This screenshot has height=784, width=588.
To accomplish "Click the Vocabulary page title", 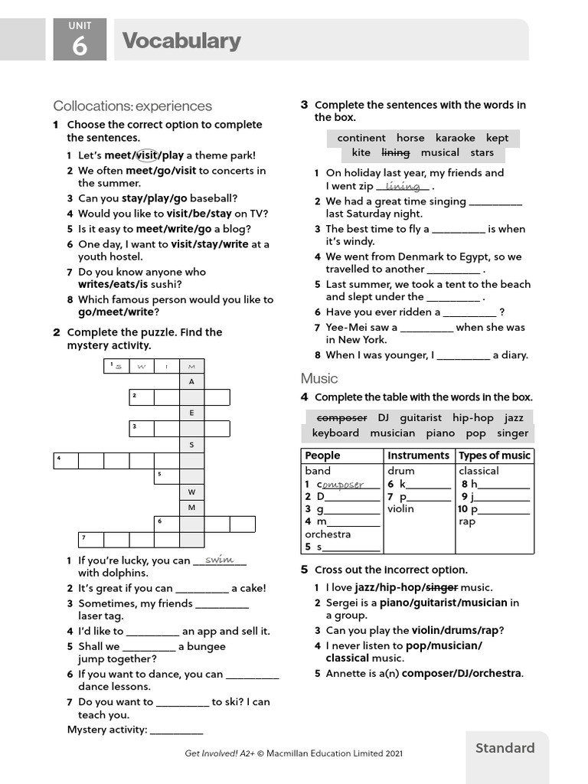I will click(x=181, y=41).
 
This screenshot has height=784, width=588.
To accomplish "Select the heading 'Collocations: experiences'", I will click(x=132, y=106).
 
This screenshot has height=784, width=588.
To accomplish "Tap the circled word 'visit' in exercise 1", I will click(x=145, y=155).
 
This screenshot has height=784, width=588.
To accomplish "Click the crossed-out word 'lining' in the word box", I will click(x=396, y=152).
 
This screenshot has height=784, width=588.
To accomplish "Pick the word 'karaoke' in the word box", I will click(x=456, y=138).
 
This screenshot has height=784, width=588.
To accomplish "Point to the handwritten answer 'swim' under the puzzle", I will click(x=219, y=560).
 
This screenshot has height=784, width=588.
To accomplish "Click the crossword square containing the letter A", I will click(x=192, y=381).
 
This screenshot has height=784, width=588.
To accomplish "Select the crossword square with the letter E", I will click(x=192, y=413).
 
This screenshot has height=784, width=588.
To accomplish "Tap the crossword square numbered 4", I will click(x=66, y=460).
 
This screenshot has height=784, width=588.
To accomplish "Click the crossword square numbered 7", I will click(x=91, y=539).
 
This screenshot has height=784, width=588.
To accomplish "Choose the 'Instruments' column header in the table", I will click(x=418, y=456).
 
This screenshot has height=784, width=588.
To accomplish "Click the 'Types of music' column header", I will click(x=494, y=456).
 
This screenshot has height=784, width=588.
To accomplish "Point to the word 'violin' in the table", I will click(x=400, y=508).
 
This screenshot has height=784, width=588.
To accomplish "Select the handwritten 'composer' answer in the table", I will click(x=342, y=485).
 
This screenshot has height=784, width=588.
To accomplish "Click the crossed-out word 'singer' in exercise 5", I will click(x=441, y=587).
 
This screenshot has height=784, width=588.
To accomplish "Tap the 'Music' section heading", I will click(x=319, y=378).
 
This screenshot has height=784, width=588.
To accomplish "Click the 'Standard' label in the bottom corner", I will click(x=505, y=748).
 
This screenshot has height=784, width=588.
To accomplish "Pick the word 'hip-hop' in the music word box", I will click(x=473, y=417).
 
